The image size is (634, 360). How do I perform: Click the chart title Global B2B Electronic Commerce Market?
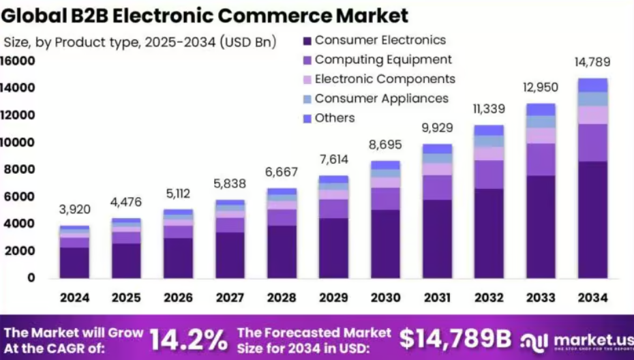pos(205,15)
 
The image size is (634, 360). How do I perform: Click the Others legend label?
pos(335,118)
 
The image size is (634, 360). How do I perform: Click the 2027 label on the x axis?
pos(230,298)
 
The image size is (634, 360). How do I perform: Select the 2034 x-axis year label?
pos(592,298)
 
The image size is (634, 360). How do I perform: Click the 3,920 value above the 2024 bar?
pos(74,209)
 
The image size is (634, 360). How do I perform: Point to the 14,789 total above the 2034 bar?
pos(592,62)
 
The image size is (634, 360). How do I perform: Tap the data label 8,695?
pos(385,145)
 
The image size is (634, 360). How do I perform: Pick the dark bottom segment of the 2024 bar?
pos(74,262)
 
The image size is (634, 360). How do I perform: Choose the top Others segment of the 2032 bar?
pos(489,130)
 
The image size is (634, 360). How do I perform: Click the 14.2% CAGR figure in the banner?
pos(188,339)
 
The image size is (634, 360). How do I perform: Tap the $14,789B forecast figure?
pos(455,339)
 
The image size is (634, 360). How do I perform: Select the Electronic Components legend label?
pos(384,79)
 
